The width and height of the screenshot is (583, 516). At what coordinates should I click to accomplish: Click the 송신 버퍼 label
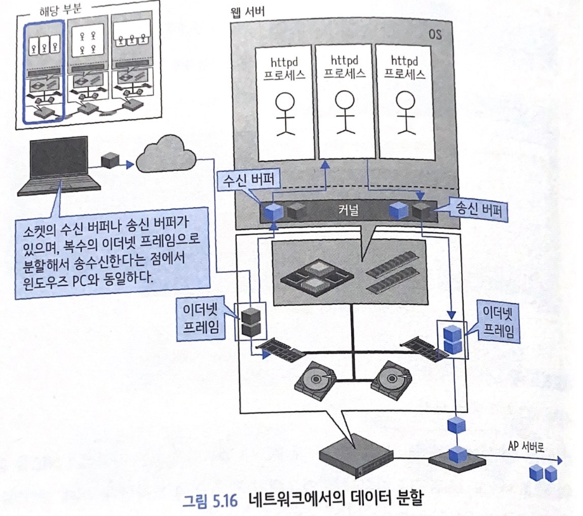tap(476, 209)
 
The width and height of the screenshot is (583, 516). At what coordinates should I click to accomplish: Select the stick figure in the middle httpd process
tap(344, 112)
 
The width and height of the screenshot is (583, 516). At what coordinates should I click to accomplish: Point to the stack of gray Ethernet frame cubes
tap(249, 321)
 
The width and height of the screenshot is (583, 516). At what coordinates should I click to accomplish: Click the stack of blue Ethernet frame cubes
tap(452, 337)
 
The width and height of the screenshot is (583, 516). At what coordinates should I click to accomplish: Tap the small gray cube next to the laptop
tap(109, 160)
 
